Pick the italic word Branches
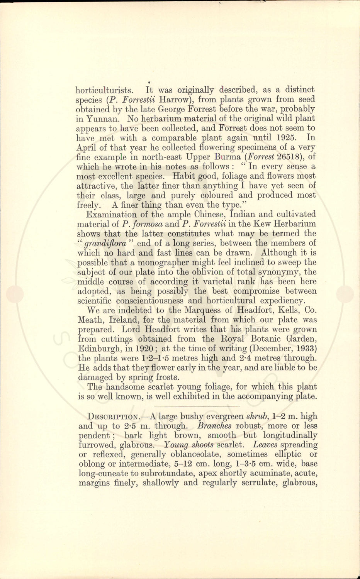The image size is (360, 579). (214, 426)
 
